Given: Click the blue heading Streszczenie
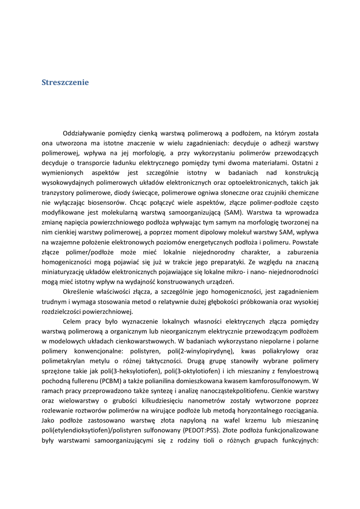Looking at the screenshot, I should tap(65, 83).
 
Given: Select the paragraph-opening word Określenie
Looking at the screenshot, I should tap(80, 292).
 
